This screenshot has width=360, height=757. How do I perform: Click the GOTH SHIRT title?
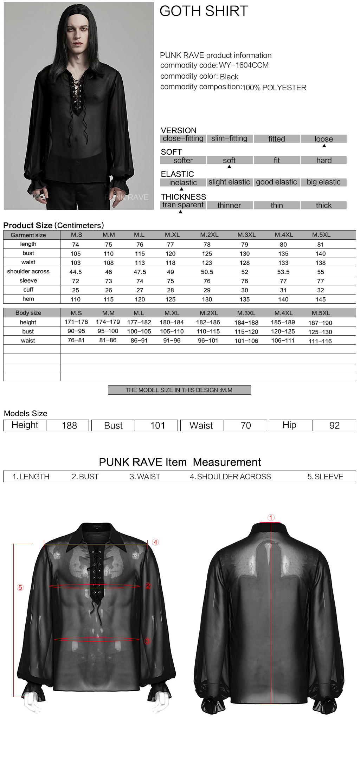point(204,11)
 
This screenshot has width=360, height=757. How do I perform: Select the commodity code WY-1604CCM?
point(244,65)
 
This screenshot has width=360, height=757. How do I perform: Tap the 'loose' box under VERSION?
point(323,139)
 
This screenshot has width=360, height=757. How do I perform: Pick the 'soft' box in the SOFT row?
point(229,160)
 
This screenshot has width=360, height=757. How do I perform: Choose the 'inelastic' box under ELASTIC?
point(183,182)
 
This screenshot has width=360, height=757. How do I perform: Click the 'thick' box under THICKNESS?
point(323,205)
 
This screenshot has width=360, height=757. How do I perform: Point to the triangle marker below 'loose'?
point(324,145)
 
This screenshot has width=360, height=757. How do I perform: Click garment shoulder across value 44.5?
point(76,272)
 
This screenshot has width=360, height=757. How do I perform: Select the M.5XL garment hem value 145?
point(320,299)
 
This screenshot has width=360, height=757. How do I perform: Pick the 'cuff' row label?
point(28,290)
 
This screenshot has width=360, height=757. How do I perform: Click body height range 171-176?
point(76,322)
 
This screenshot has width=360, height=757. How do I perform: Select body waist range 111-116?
point(320,341)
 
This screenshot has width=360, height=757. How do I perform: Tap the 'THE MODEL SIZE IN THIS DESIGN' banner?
point(179,390)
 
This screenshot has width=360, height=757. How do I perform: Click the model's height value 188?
point(69,426)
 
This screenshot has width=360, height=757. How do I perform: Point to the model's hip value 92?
point(334,426)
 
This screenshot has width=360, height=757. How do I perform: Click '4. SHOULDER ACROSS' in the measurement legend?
point(230,477)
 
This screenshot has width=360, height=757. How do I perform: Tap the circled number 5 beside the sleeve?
point(20,587)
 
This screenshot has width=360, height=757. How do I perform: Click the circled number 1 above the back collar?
point(271,518)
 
